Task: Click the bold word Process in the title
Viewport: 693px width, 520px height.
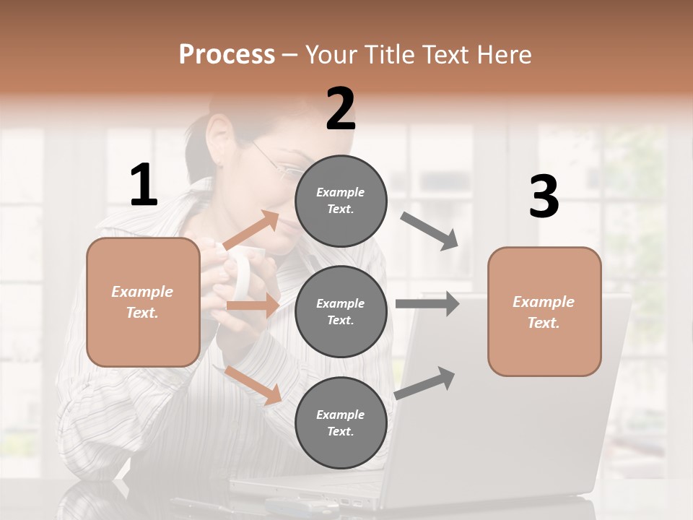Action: pos(227,54)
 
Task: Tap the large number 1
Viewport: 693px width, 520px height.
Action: pos(144,186)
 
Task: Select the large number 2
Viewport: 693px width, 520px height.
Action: pos(340,109)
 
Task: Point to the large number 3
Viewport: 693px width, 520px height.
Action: pos(544,197)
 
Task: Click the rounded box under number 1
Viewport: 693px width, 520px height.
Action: pos(143,302)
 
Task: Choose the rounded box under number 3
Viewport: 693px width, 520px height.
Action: pos(544,312)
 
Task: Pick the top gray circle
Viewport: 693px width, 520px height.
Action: pos(341,200)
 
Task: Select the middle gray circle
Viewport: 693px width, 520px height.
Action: pos(341,311)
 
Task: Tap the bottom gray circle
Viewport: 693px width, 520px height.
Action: pos(341,422)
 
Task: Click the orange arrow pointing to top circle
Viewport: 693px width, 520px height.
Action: pos(252,230)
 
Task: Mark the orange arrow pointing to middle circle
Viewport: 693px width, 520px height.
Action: pos(252,306)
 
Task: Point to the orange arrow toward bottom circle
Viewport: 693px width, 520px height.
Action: pos(253,385)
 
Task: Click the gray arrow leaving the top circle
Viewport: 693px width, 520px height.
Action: pos(430,230)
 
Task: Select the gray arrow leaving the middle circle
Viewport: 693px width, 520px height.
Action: pos(427,304)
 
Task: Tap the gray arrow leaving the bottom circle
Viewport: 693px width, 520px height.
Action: pos(425,383)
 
